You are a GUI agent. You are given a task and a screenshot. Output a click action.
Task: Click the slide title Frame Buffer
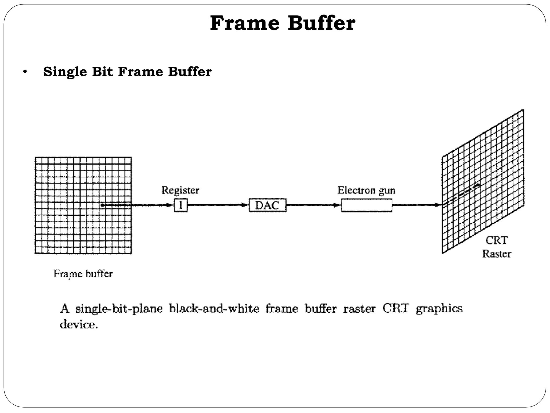tap(283, 24)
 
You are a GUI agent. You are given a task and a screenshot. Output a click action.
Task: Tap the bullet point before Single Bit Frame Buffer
tap(25, 72)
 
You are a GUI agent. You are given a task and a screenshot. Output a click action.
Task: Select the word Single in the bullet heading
tap(65, 72)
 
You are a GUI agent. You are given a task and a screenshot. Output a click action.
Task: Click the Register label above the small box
tap(180, 190)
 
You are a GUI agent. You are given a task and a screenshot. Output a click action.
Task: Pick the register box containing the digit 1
tap(180, 205)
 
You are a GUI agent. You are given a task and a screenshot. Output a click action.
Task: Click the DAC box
tap(267, 205)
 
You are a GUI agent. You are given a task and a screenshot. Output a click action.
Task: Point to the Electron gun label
tap(366, 190)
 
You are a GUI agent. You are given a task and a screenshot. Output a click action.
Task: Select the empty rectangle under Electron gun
tap(366, 205)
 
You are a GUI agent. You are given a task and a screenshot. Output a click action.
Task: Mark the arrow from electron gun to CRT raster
tap(416, 205)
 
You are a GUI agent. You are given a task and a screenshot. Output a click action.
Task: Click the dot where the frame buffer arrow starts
tap(102, 205)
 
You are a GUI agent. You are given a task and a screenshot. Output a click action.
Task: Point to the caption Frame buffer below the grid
tap(83, 274)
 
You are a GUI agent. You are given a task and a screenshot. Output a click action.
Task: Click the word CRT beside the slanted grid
tap(497, 240)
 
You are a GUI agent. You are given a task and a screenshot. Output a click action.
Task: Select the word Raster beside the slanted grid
tap(497, 254)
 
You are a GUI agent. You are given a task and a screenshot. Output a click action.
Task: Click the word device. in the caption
tap(78, 325)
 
